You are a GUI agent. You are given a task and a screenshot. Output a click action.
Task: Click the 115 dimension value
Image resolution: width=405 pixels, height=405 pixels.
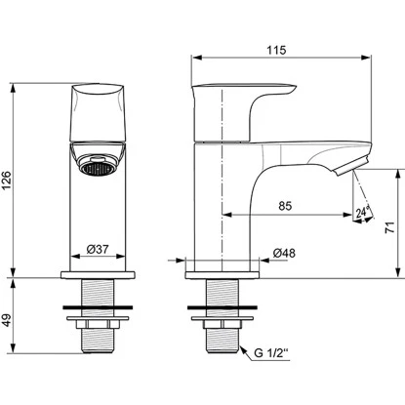click(276, 50)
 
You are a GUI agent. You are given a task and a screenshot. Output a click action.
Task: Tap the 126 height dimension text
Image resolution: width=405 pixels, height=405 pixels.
click(6, 181)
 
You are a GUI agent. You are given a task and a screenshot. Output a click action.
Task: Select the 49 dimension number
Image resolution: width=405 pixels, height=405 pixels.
click(6, 320)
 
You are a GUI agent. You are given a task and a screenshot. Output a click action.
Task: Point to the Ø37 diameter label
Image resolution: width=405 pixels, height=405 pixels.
click(98, 250)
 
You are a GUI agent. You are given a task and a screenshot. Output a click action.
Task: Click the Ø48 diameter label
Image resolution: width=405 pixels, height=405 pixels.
click(284, 253)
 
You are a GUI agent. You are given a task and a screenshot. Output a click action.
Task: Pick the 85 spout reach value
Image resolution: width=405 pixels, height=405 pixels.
click(285, 206)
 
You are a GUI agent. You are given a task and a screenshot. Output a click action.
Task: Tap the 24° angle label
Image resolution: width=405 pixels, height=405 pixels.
click(363, 212)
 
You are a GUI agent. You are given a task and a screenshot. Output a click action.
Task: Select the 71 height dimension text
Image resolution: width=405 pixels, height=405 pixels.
click(389, 227)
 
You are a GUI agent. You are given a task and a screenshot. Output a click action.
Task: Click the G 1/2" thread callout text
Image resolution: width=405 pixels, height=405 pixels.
click(271, 353)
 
